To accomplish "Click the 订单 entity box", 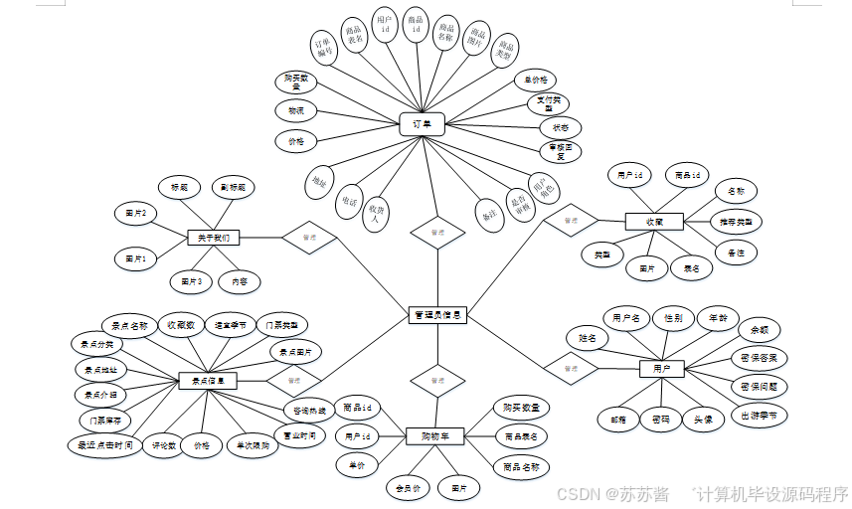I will pos(422,124).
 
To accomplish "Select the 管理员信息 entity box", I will pos(437,315).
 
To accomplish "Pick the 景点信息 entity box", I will pos(207,380).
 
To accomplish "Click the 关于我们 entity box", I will pos(213,238).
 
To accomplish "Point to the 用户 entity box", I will pos(661,369).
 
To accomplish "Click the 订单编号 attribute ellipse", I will pos(324,51).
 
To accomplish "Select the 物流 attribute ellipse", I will pos(295,110).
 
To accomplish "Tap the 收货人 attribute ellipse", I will pos(376,214).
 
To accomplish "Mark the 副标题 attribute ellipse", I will pos(238,186).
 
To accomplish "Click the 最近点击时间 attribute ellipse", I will pos(105,445).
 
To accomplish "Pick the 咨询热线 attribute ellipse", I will pos(303,410).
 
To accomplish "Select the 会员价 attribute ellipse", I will pos(408,487).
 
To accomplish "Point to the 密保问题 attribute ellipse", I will pos(759,386).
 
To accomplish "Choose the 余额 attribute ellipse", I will pos(759,329).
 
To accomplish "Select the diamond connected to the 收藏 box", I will pos(571,219).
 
